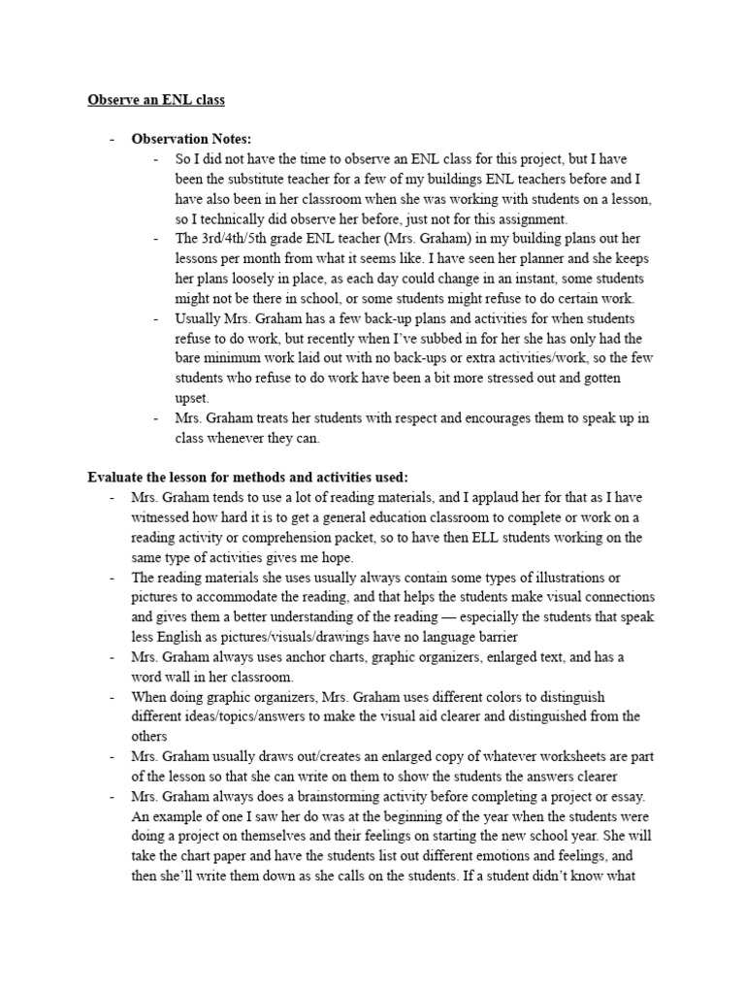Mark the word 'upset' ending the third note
pos(191,398)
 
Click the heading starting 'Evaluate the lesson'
pos(247,477)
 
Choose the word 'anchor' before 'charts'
pos(293,657)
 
